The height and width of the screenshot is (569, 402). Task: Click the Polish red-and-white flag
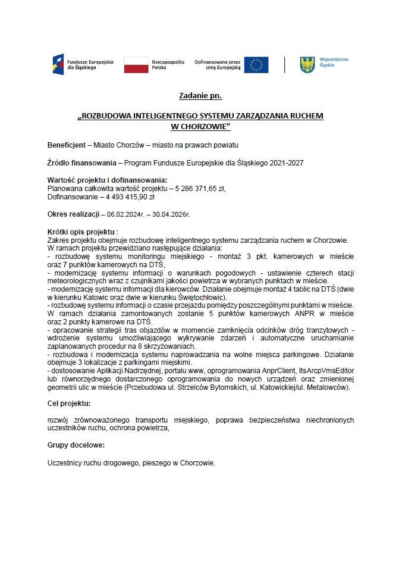[136, 65]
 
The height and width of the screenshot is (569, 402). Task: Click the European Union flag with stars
[256, 65]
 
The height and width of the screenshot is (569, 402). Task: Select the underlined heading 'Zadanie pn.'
[200, 96]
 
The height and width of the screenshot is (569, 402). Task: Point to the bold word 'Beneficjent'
[67, 145]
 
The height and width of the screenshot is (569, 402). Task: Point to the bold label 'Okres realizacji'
[73, 214]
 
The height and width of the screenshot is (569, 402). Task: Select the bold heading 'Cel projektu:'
[69, 403]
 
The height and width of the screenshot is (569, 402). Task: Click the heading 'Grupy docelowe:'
[76, 445]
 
